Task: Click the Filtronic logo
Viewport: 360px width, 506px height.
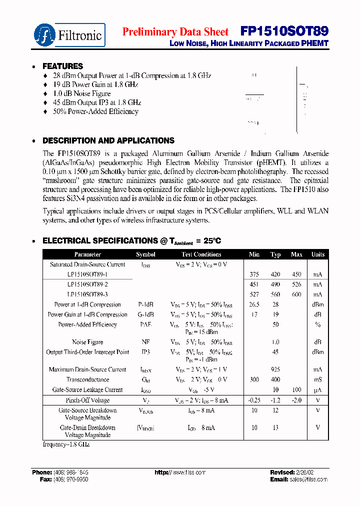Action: (x=69, y=35)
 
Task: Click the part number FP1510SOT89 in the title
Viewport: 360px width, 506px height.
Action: (x=284, y=31)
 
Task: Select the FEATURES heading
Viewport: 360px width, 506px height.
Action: (x=62, y=66)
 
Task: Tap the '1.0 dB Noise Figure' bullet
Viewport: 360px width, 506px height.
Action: (x=81, y=93)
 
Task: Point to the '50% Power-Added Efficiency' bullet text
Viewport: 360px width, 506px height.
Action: (x=95, y=111)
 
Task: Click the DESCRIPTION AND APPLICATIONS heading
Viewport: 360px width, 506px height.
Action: (x=108, y=140)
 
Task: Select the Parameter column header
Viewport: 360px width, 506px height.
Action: (x=87, y=254)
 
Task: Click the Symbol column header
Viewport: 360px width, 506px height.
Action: (x=145, y=254)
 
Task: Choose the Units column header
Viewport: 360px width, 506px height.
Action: (x=317, y=254)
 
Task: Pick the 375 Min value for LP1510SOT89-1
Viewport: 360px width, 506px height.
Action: (x=254, y=274)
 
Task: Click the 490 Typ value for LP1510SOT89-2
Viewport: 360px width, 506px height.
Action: (x=275, y=284)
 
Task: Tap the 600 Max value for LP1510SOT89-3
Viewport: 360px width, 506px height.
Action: (x=296, y=294)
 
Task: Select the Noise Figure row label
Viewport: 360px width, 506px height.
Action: (x=87, y=342)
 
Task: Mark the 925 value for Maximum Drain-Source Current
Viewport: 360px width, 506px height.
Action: (x=275, y=369)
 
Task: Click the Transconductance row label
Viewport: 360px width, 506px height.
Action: (x=87, y=379)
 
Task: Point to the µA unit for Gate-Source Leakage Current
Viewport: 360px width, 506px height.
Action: (x=317, y=389)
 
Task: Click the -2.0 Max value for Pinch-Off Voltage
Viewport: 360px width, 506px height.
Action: (x=296, y=400)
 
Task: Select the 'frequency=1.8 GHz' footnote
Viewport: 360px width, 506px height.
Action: (x=66, y=444)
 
